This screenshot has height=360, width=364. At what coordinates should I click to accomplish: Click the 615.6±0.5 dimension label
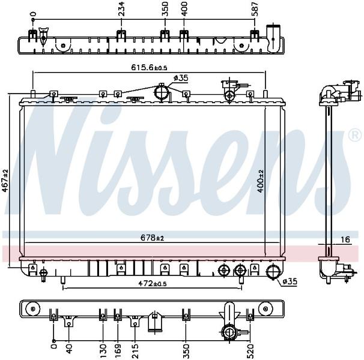[x=149, y=67]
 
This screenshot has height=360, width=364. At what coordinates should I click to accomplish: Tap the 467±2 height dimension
[x=5, y=181]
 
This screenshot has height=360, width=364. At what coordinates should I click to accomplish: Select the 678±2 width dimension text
[x=153, y=238]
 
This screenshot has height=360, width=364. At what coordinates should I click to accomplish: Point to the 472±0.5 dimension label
[x=153, y=283]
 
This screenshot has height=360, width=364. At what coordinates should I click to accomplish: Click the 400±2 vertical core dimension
[x=261, y=181]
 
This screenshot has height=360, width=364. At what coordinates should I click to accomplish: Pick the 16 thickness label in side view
[x=345, y=239]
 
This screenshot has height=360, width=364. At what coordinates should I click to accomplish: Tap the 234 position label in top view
[x=121, y=9]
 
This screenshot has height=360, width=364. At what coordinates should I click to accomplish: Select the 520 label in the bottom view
[x=250, y=351]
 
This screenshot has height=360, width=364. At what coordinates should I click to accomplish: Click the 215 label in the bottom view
[x=135, y=351]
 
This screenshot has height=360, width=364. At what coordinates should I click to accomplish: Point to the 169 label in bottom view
[x=118, y=351]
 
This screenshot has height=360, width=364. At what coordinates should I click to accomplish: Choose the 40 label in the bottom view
[x=69, y=349]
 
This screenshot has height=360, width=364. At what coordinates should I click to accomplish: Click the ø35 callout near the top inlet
[x=181, y=78]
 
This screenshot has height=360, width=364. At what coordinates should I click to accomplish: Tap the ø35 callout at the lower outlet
[x=290, y=281]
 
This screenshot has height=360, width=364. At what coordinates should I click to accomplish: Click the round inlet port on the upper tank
[x=162, y=93]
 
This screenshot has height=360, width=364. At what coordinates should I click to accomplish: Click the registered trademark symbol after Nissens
[x=355, y=136]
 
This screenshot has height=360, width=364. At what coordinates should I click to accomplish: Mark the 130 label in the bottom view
[x=103, y=351]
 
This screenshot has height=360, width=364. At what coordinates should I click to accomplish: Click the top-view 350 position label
[x=165, y=9]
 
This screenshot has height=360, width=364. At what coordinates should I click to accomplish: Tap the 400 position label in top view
[x=184, y=9]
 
